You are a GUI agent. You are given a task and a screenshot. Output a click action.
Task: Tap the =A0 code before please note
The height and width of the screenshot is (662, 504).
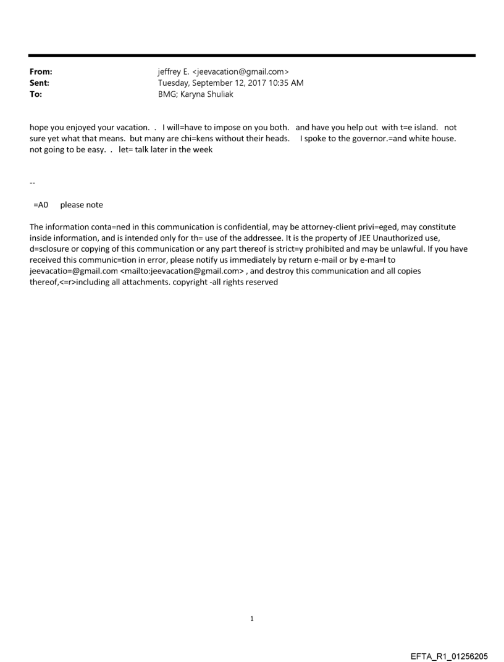tap(41, 205)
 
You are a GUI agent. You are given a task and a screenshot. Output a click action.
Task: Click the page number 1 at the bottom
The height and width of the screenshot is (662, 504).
tap(252, 618)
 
